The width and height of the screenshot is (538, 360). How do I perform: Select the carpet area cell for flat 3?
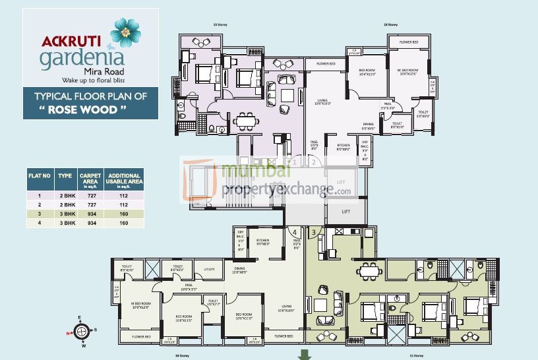click(x=90, y=214)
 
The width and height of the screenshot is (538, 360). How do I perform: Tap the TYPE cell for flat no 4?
click(x=65, y=224)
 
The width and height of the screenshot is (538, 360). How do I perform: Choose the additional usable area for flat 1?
click(x=124, y=196)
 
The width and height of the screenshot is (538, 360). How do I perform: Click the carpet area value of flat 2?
click(x=90, y=205)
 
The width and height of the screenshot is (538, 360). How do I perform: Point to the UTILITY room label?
click(x=209, y=269)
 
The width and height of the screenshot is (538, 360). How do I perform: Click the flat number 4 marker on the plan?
click(x=295, y=232)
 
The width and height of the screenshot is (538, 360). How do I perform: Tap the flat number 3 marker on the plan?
click(x=313, y=232)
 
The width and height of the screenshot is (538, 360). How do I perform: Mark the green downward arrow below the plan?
click(x=304, y=355)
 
